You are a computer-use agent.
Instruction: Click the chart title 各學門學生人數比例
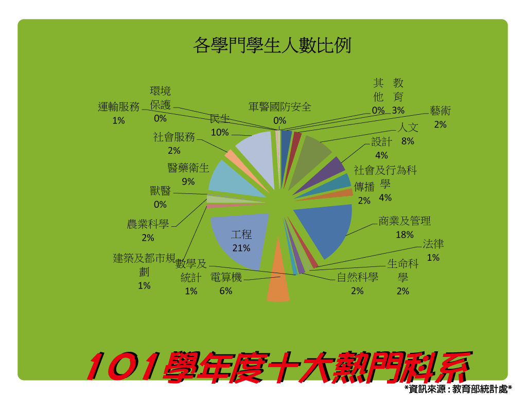(x=272, y=45)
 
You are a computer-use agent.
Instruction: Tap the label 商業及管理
(x=405, y=221)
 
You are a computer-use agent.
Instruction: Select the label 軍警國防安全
(x=279, y=107)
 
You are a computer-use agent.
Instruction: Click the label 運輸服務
(x=119, y=106)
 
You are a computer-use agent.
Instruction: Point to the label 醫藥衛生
(x=188, y=168)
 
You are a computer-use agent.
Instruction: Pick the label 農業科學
(x=148, y=224)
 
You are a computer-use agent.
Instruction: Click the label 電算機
(x=226, y=277)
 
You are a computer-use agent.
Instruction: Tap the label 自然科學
(x=358, y=277)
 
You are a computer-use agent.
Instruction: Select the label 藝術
(x=441, y=111)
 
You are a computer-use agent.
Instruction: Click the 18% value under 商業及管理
(x=405, y=235)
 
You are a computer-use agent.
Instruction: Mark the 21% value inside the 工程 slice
(x=241, y=248)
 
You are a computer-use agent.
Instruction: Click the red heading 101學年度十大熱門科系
(x=279, y=367)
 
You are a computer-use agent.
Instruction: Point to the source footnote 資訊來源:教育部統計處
(x=459, y=389)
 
